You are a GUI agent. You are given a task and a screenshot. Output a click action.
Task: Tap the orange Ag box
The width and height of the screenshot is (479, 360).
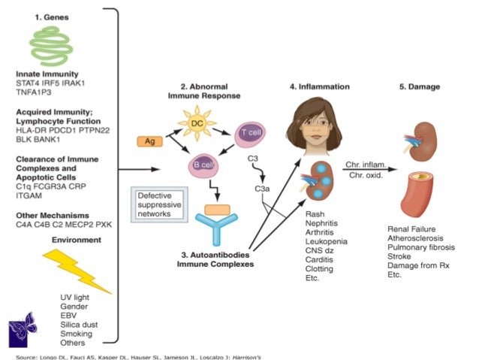click(x=149, y=140)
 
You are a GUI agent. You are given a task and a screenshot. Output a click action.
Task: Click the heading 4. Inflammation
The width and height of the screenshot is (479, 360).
click(x=319, y=86)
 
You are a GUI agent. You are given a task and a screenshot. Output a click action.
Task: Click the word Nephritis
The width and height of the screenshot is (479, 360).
click(x=323, y=223)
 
